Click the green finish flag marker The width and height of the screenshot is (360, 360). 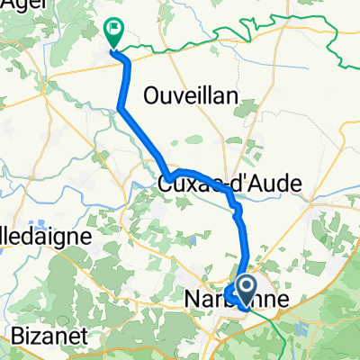coord(114,32)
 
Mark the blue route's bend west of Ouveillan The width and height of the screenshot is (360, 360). coord(119,109)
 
